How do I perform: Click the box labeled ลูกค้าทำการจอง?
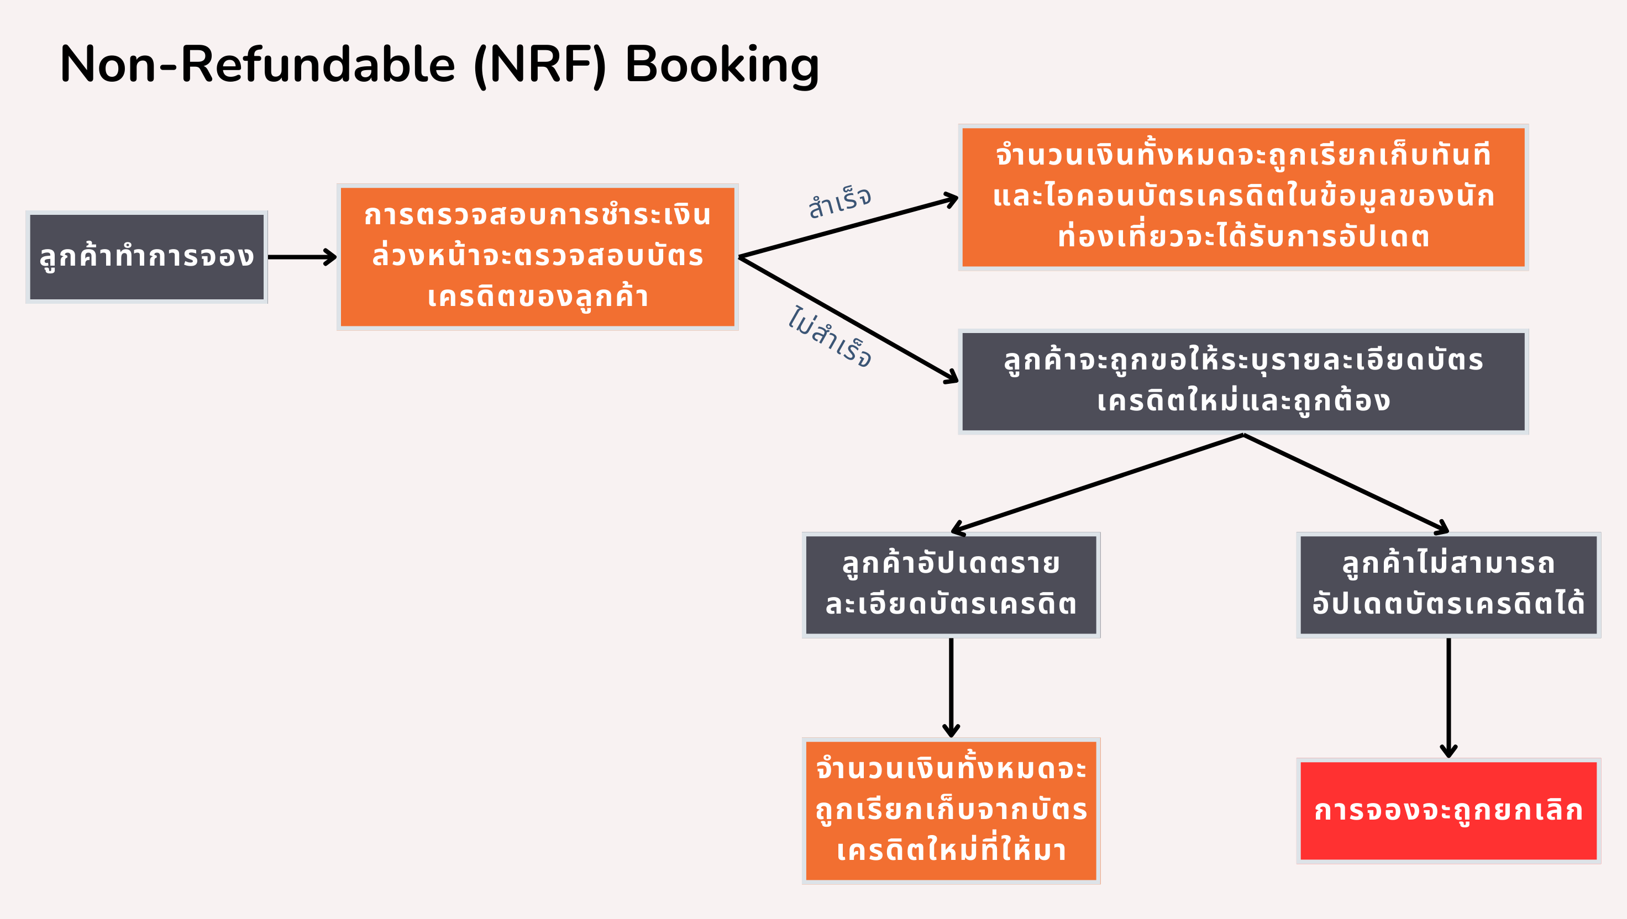pyautogui.click(x=146, y=257)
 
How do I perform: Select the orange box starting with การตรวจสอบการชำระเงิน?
pyautogui.click(x=538, y=257)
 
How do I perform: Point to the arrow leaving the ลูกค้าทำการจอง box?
pyautogui.click(x=302, y=257)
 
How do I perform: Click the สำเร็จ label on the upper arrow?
pyautogui.click(x=839, y=202)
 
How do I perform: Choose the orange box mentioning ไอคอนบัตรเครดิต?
pyautogui.click(x=1243, y=197)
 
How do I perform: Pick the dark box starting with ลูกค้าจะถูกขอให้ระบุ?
pyautogui.click(x=1243, y=381)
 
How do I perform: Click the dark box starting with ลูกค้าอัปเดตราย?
pyautogui.click(x=951, y=584)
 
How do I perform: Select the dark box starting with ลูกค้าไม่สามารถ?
pyautogui.click(x=1448, y=584)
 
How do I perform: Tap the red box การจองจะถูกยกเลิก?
pyautogui.click(x=1448, y=810)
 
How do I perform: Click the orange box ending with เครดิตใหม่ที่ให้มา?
pyautogui.click(x=951, y=810)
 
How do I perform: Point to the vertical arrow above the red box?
pyautogui.click(x=1448, y=697)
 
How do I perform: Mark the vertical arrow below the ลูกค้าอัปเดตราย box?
pyautogui.click(x=951, y=686)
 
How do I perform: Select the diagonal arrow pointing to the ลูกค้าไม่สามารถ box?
pyautogui.click(x=1345, y=482)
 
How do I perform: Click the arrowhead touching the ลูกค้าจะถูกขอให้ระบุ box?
pyautogui.click(x=951, y=377)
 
